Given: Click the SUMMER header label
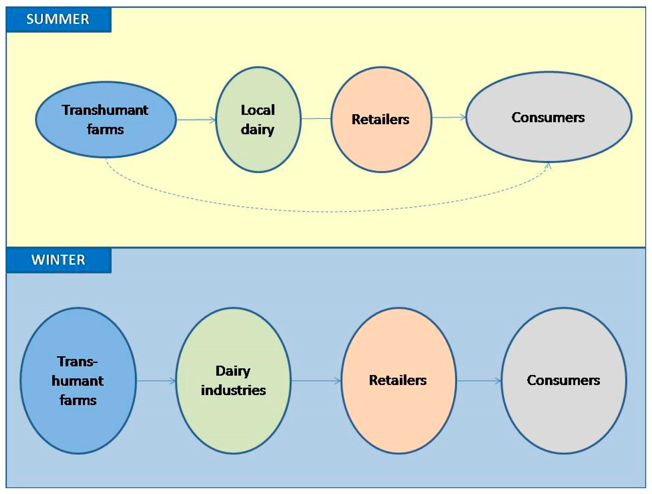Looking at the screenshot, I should pyautogui.click(x=58, y=19).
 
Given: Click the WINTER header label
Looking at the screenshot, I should pyautogui.click(x=58, y=260).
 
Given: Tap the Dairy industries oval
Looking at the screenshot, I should pyautogui.click(x=233, y=418).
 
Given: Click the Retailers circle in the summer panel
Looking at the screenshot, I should pyautogui.click(x=381, y=147).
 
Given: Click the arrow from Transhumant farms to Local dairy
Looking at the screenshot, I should pyautogui.click(x=196, y=120).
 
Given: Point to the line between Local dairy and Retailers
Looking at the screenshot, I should pyautogui.click(x=316, y=119).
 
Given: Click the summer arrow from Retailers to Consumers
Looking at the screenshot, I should pyautogui.click(x=449, y=117).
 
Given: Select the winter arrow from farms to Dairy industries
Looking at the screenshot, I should pyautogui.click(x=156, y=381).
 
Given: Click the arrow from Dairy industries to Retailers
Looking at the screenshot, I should pyautogui.click(x=316, y=381).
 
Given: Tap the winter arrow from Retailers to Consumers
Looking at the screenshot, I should pyautogui.click(x=479, y=381).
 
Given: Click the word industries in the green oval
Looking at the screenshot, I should pyautogui.click(x=233, y=390).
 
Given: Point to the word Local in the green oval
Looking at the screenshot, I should pyautogui.click(x=258, y=110).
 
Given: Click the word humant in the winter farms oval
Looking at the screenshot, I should pyautogui.click(x=77, y=381).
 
